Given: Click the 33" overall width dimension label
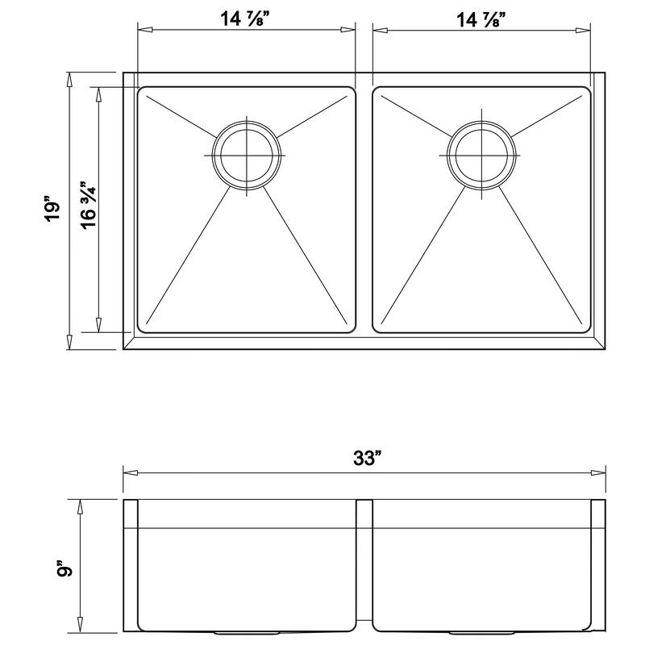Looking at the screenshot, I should pos(365,459).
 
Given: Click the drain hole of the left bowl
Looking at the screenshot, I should pos(247,154).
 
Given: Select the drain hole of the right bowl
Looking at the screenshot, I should pos(481,154).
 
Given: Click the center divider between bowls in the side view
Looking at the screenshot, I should pos(364,564).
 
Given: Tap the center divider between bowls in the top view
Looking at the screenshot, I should pos(364,210).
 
